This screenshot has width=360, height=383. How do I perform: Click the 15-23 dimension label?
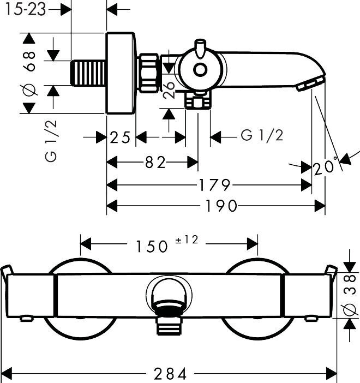click(x=26, y=10)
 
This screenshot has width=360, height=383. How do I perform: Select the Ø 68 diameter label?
click(x=29, y=73)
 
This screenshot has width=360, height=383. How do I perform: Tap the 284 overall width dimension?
click(x=170, y=374)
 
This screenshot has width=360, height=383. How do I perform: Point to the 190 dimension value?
click(x=221, y=206)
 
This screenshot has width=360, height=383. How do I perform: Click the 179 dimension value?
click(x=215, y=185)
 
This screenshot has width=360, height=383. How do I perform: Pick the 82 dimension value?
click(x=155, y=162)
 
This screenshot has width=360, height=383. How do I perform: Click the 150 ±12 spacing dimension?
click(x=167, y=244)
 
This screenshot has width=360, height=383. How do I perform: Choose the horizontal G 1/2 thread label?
click(x=262, y=135)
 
